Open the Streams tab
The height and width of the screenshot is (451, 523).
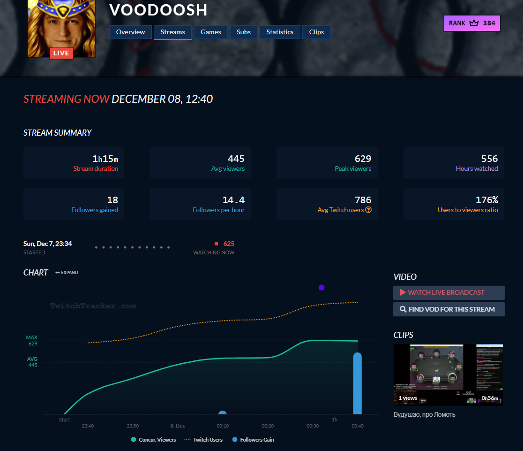(172, 32)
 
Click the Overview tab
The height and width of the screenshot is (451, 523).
(131, 32)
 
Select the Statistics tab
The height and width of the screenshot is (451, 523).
(280, 32)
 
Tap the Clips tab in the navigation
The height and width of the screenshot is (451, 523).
(316, 32)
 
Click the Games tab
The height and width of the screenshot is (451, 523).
(211, 32)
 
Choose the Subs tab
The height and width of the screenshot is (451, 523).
(244, 32)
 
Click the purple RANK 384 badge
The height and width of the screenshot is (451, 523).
(472, 23)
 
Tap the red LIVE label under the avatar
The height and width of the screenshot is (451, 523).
(61, 53)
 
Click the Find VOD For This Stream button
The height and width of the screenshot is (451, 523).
(448, 309)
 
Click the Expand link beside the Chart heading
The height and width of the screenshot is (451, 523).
(67, 273)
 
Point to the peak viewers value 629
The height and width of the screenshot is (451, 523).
(363, 159)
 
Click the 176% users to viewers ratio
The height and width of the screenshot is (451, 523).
(487, 200)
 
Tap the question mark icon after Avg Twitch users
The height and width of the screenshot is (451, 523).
(368, 210)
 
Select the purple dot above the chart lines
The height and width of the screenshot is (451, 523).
(321, 288)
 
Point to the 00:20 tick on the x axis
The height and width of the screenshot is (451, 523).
(268, 426)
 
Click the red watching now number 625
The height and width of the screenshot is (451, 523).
(229, 244)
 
